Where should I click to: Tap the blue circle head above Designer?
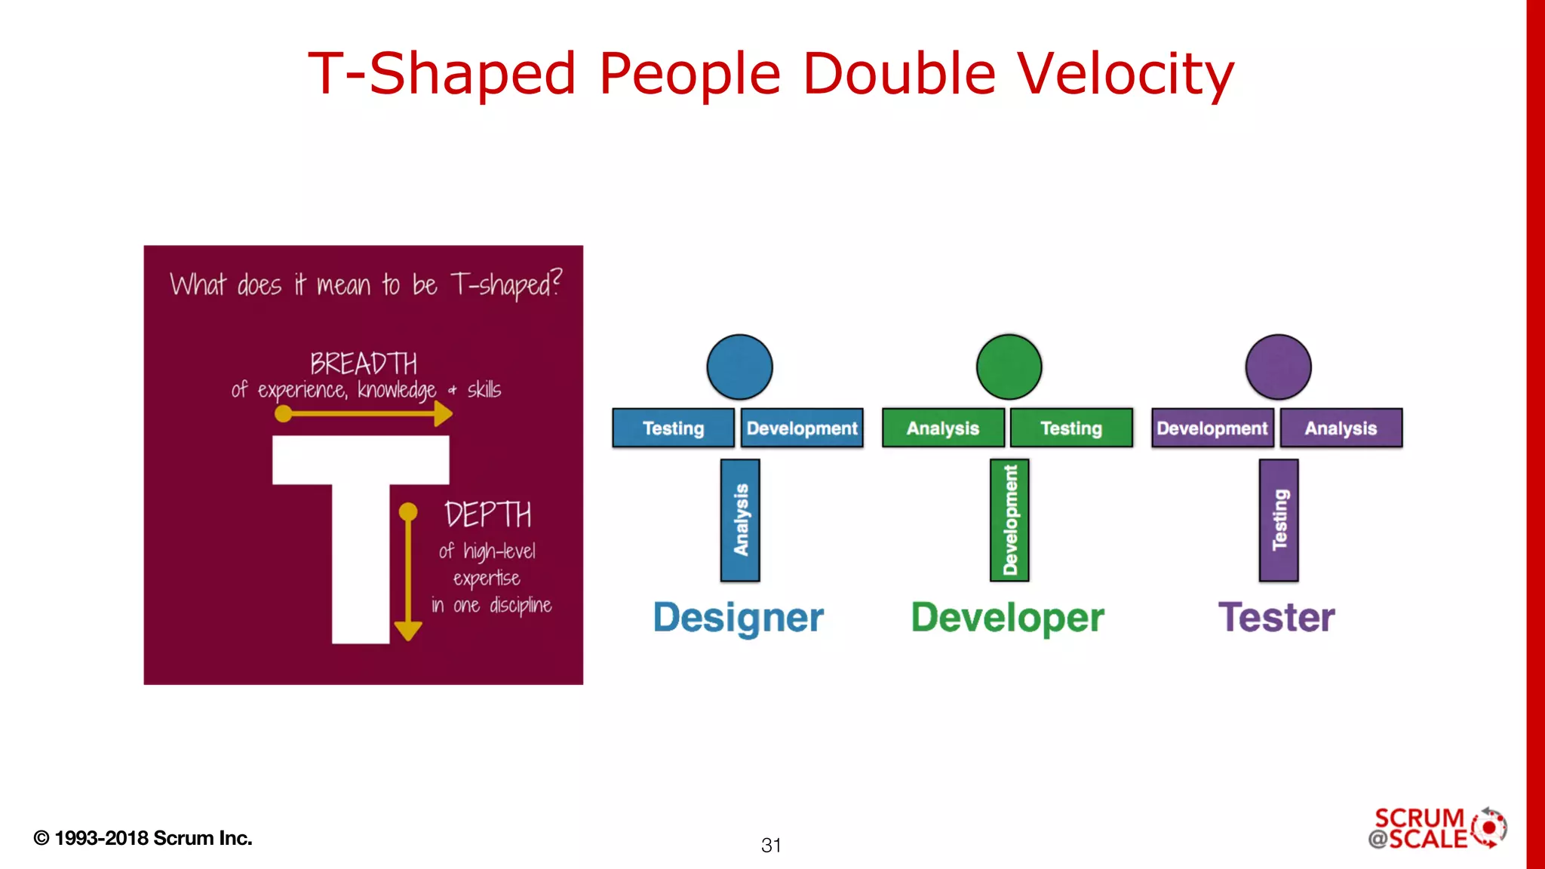tap(739, 367)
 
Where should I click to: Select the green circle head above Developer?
tap(1009, 367)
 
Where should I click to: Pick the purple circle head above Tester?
tap(1278, 367)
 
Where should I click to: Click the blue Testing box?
tap(673, 428)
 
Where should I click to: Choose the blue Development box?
tap(802, 428)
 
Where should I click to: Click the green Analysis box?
tap(943, 428)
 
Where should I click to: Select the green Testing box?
tap(1071, 428)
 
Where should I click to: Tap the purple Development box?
tap(1212, 428)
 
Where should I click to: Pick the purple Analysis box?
tap(1341, 428)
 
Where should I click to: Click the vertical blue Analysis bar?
tap(740, 520)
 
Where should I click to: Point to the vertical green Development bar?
tap(1009, 520)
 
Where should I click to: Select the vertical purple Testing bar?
tap(1279, 520)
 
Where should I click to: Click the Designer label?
tap(738, 618)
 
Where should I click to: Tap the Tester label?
tap(1276, 617)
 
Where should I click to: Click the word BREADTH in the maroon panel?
tap(364, 364)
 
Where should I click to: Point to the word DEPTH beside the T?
tap(487, 515)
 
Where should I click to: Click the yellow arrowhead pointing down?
tap(408, 631)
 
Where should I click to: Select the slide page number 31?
tap(771, 845)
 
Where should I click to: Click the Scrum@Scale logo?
tap(1436, 828)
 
